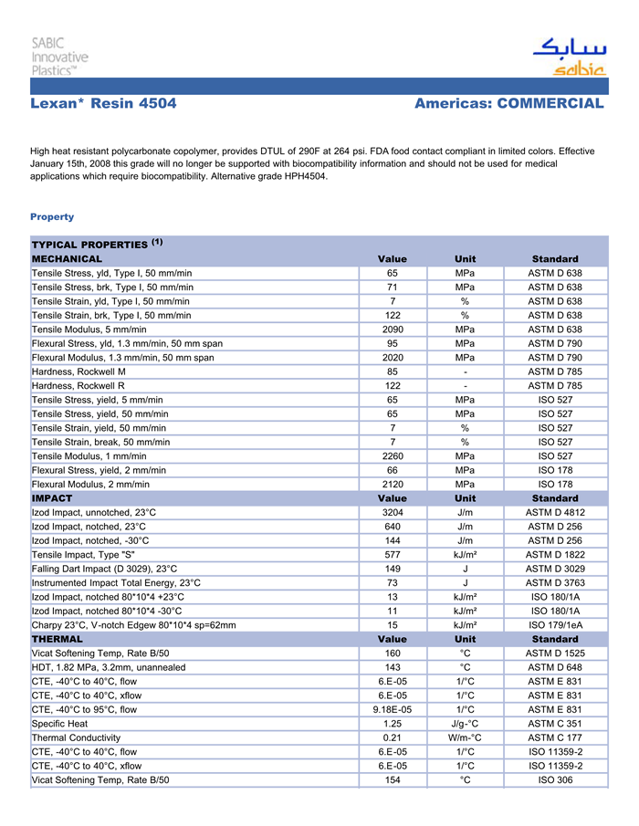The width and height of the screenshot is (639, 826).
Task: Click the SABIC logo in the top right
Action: click(569, 58)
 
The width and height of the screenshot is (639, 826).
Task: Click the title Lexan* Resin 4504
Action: click(103, 104)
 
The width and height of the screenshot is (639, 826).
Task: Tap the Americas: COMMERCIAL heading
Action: click(508, 104)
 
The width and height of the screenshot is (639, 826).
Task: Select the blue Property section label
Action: click(52, 217)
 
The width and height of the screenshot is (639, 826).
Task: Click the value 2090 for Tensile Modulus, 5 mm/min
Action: click(393, 329)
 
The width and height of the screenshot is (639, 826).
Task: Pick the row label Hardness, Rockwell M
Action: click(79, 371)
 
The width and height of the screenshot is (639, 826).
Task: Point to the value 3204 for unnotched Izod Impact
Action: click(393, 513)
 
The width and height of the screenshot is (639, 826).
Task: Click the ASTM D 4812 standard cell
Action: click(554, 513)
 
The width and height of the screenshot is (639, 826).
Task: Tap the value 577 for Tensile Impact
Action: click(393, 555)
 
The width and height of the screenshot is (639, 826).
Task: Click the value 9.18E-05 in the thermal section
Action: click(393, 709)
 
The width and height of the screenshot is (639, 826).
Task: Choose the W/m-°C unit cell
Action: click(465, 737)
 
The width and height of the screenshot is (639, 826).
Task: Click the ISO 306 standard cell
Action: click(554, 780)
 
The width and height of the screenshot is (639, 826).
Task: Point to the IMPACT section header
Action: click(52, 498)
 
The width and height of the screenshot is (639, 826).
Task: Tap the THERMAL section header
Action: click(58, 639)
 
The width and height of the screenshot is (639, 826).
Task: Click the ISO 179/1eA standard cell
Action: click(554, 625)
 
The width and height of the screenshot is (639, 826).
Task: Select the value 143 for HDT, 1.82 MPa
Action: click(393, 667)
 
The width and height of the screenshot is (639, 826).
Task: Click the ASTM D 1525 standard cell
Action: click(554, 653)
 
